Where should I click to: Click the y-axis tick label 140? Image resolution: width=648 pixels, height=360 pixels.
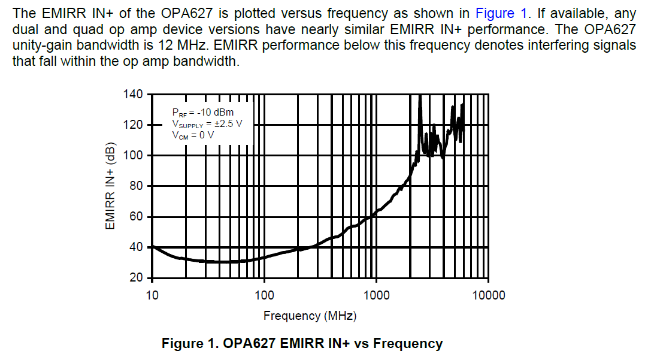tap(133, 94)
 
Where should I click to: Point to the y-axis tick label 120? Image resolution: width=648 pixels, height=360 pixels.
tap(133, 125)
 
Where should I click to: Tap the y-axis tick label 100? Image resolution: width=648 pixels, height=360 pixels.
tap(133, 155)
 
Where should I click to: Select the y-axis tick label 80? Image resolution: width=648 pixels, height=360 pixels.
tap(136, 186)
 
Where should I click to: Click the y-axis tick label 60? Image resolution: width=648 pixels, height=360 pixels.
tap(136, 217)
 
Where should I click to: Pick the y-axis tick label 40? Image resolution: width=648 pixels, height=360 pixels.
tap(136, 247)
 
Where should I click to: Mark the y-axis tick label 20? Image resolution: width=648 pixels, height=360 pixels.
tap(136, 278)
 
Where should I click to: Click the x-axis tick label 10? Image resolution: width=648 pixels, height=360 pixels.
tap(152, 295)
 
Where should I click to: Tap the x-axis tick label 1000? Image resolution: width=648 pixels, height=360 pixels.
tap(376, 295)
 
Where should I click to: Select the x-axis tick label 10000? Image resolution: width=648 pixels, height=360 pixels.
tap(489, 295)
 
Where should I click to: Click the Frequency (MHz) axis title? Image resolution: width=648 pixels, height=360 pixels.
tap(310, 316)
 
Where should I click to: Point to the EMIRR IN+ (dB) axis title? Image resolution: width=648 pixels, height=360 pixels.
tap(110, 186)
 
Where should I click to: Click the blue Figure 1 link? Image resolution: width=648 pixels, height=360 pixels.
tap(501, 14)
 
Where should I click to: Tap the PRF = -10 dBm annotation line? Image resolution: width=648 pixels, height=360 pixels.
tap(203, 113)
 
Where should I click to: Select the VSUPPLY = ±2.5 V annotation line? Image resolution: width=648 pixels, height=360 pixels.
tap(207, 124)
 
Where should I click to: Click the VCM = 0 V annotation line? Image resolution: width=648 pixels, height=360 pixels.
tap(193, 135)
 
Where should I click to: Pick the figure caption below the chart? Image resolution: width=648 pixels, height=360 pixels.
tap(302, 343)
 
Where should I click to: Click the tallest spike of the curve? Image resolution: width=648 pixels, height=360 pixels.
tap(420, 96)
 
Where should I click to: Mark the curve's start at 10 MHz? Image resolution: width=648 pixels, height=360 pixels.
tap(153, 246)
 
